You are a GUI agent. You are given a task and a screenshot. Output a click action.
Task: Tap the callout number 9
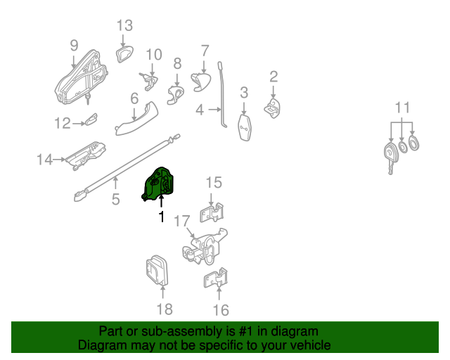pos(74,46)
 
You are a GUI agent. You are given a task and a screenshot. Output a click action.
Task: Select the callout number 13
pos(124,26)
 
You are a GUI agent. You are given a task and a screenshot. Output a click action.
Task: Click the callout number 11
pos(401,108)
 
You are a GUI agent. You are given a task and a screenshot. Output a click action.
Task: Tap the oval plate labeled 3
pos(244,128)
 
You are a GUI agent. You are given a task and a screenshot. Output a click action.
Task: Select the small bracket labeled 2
pos(273,106)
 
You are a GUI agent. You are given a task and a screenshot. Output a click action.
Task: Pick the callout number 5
pos(116,200)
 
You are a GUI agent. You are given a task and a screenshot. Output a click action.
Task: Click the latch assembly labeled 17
pos(204,246)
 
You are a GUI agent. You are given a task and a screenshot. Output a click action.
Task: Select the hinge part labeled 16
pos(216,279)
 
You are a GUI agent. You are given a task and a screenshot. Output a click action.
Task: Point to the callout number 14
pos(45,160)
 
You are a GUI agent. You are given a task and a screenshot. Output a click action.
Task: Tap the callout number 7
pos(205,51)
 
